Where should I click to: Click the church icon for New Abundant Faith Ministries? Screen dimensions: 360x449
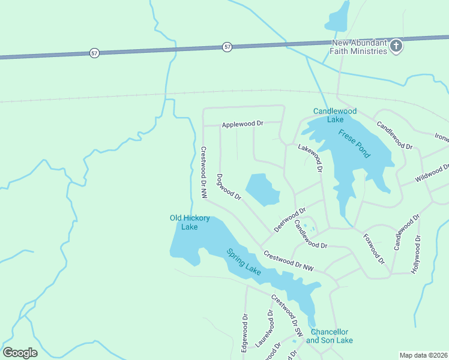396,46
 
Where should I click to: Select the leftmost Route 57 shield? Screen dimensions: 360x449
94,53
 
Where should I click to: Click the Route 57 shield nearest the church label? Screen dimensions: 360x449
227,46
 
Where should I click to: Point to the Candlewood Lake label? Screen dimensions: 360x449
335,115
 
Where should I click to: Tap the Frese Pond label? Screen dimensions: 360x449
354,144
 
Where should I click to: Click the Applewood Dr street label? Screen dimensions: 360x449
243,124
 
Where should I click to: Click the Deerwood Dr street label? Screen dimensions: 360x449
290,220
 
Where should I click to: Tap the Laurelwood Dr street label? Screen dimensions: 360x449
265,330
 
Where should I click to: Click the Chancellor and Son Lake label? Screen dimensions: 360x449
329,336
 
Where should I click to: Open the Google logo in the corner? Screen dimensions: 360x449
20,353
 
